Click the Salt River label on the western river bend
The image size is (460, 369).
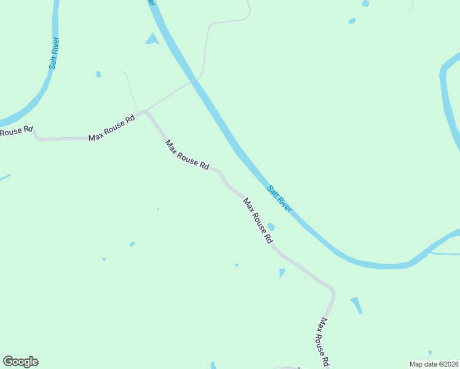[54, 54]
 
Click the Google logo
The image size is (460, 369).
[20, 362]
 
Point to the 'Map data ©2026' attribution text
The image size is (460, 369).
[433, 364]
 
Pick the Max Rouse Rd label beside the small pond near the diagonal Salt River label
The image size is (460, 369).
[258, 221]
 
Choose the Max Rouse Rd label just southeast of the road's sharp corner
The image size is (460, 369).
[187, 154]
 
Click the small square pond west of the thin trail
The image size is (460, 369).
[98, 74]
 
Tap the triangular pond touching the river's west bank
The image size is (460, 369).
[151, 40]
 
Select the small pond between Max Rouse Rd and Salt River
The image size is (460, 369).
[271, 227]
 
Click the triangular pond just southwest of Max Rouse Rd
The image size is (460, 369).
[282, 272]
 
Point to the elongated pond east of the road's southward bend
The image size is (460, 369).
[357, 306]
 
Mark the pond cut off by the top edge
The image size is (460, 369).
[365, 3]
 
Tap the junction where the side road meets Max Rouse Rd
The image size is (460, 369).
[146, 111]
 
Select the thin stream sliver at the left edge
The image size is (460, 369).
[4, 178]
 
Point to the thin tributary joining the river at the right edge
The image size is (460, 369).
[444, 253]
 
